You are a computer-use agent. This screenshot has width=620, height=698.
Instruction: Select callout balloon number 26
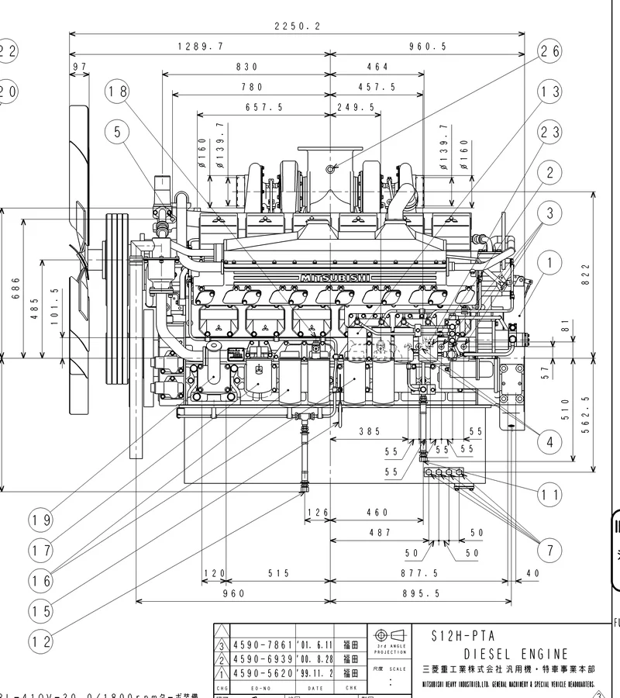(549, 51)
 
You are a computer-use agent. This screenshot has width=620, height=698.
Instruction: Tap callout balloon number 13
(549, 92)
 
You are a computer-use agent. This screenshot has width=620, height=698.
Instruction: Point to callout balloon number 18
(118, 92)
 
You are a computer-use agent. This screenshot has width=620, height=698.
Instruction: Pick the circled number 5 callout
(118, 132)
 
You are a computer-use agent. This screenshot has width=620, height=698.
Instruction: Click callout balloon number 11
(549, 493)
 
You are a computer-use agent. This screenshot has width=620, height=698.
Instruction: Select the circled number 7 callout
(549, 551)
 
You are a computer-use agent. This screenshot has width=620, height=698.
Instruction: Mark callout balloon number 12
(41, 641)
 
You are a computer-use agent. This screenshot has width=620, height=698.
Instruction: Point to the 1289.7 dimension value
(200, 47)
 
